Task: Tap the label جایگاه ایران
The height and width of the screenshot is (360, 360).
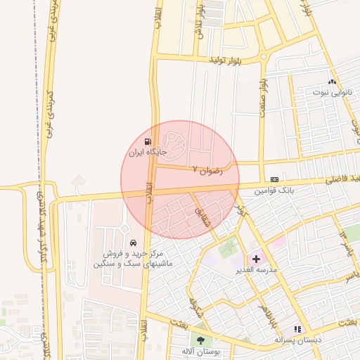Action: pos(147,152)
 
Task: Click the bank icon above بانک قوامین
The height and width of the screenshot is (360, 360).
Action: pos(274,179)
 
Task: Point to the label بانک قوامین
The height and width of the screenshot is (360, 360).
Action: pos(273,191)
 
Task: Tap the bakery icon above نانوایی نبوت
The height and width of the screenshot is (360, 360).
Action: pos(332,82)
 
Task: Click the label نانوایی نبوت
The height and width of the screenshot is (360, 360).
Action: pos(330,92)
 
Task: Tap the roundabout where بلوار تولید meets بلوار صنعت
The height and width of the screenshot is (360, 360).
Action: pos(263,56)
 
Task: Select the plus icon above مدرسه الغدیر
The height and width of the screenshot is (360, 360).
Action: pos(256,259)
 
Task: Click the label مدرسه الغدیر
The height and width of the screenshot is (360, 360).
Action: pos(257,270)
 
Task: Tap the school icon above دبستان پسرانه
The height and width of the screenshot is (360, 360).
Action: pos(297,328)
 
